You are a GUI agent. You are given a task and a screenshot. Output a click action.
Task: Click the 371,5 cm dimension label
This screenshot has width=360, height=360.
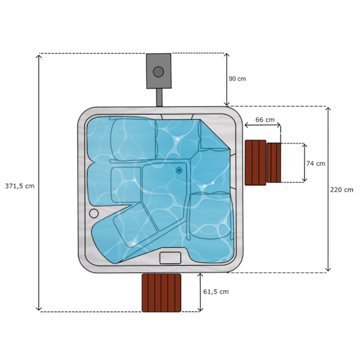click(x=19, y=186)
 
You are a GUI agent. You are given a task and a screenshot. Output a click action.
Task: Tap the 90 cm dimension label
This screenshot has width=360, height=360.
click(x=237, y=79)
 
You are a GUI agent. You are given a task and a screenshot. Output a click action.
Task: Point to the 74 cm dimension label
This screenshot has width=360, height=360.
click(x=316, y=163)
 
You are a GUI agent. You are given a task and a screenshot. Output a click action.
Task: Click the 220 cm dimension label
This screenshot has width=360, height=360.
click(x=341, y=190)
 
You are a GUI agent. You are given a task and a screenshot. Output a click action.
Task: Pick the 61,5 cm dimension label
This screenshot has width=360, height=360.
click(x=216, y=292)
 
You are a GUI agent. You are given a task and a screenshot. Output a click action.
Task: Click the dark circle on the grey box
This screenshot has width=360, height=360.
click(x=158, y=72)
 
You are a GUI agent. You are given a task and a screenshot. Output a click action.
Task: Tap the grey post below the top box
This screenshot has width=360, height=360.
click(x=160, y=98)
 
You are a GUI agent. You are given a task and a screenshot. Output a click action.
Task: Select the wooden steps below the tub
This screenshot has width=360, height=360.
click(x=161, y=293)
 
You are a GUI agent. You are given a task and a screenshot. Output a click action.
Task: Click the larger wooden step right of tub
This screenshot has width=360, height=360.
click(x=255, y=163)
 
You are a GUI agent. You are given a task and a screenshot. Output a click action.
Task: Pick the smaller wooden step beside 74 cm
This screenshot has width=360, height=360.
click(x=274, y=163)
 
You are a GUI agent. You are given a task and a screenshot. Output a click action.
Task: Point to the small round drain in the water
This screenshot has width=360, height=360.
click(x=179, y=170)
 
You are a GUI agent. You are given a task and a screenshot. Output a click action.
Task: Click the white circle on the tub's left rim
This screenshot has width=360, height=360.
click(x=94, y=213)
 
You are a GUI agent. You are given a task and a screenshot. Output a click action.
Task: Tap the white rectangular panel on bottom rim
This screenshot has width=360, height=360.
click(x=170, y=258)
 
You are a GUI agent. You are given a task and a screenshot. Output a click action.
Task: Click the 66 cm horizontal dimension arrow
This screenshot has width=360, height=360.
click(x=262, y=126)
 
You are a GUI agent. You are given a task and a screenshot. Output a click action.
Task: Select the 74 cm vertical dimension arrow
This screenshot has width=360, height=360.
click(x=304, y=163)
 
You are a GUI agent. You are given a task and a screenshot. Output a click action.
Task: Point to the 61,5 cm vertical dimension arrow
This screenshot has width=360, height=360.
click(x=200, y=292)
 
